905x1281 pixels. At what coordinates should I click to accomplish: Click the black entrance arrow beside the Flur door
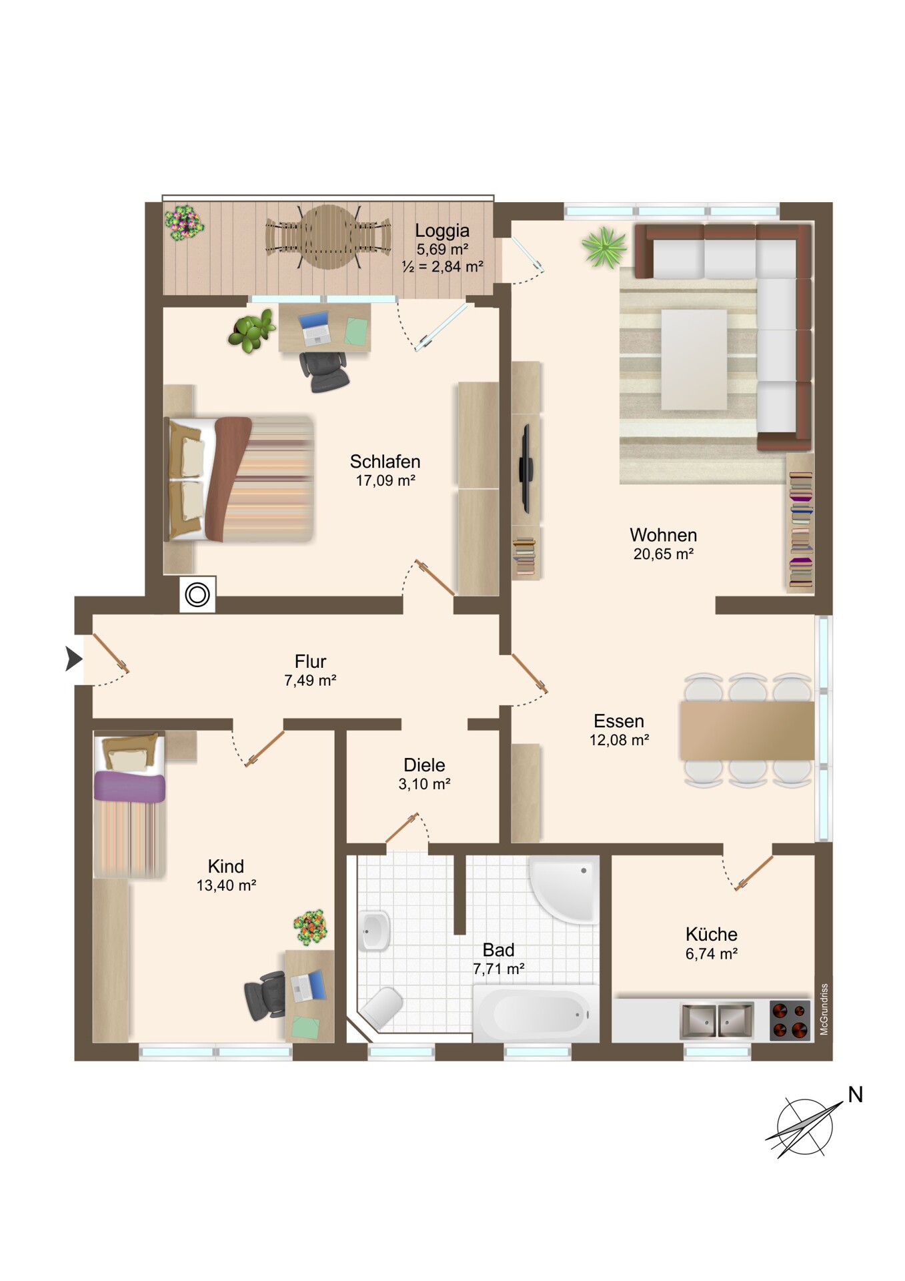[73, 659]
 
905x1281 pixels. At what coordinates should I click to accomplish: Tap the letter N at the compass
[855, 1094]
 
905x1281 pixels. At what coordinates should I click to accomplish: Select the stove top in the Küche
[790, 1020]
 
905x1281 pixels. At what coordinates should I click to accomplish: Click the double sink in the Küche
[717, 1020]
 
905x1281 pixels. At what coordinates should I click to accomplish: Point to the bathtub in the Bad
[536, 1013]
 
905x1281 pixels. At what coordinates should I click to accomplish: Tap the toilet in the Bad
[381, 1007]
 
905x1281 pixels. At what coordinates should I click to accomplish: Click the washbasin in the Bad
[374, 930]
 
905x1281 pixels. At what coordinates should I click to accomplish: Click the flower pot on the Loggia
[184, 222]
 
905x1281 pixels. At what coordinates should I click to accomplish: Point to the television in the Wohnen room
[526, 468]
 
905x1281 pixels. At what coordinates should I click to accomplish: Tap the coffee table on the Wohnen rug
[694, 359]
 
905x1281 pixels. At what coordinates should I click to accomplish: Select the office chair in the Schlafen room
[324, 371]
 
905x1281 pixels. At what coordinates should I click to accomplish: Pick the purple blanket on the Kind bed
[129, 787]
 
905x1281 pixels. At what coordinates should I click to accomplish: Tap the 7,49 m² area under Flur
[310, 681]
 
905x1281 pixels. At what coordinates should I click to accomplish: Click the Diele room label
[424, 765]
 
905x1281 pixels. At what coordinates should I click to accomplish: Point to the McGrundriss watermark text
[824, 1009]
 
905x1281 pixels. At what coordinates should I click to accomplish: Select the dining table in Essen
[747, 731]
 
